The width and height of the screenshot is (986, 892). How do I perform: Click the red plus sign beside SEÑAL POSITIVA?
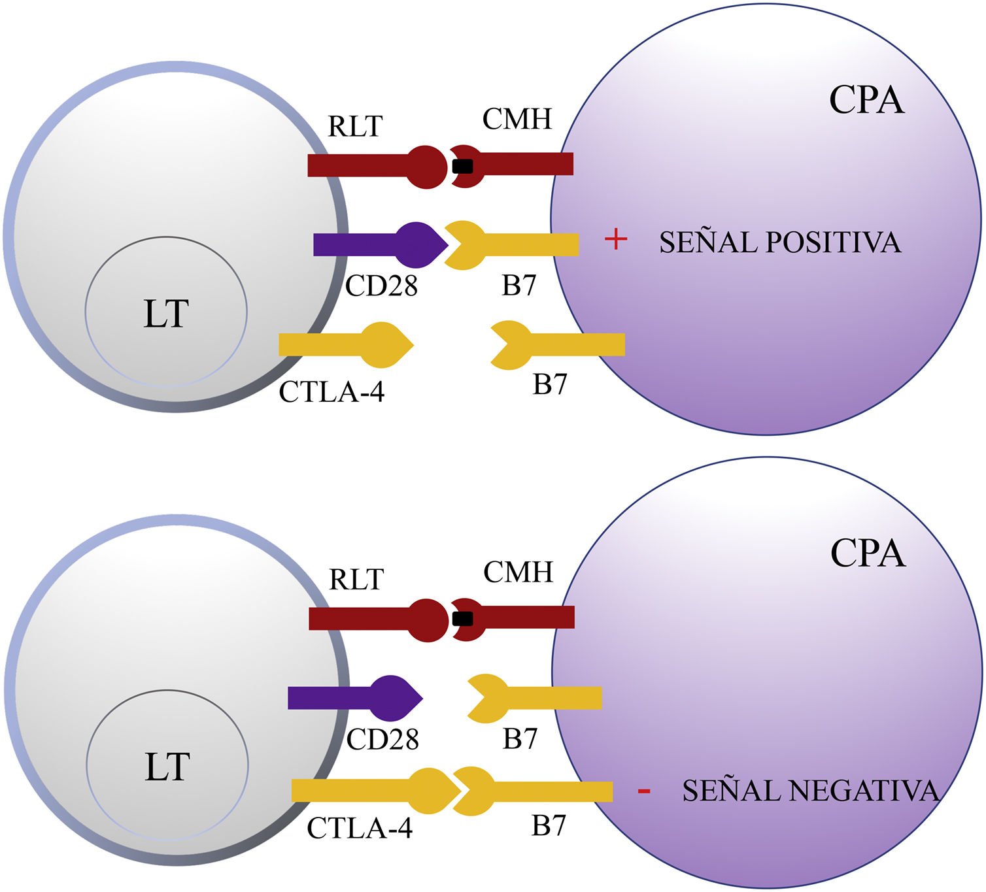coord(615,240)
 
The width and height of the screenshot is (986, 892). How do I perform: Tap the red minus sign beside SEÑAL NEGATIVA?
coord(644,792)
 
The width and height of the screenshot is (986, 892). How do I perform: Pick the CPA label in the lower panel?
coord(868,553)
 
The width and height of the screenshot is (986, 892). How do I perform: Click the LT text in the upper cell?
coord(166,314)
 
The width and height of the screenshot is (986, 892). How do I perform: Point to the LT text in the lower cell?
coord(167,767)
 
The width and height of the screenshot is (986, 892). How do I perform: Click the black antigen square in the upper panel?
coord(462,166)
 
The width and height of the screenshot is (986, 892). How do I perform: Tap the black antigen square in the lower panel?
coord(463,618)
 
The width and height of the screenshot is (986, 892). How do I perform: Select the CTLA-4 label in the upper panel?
coord(331,392)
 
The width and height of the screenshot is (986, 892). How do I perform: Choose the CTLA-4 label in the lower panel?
coord(360,829)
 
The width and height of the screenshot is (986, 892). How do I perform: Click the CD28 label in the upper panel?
coord(381,286)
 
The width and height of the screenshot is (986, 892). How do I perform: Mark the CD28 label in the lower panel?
coord(382,739)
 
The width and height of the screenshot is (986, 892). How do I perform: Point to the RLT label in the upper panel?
coord(355,126)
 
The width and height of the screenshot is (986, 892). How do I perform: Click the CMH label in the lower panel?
coord(518,572)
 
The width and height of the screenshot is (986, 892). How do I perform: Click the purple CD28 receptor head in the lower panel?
coord(395,698)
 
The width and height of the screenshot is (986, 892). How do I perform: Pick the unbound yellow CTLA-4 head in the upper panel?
coord(386,344)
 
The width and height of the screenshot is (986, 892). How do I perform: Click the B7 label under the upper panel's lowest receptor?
coord(549,384)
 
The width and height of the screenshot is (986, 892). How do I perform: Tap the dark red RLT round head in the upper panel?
coord(428,167)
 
